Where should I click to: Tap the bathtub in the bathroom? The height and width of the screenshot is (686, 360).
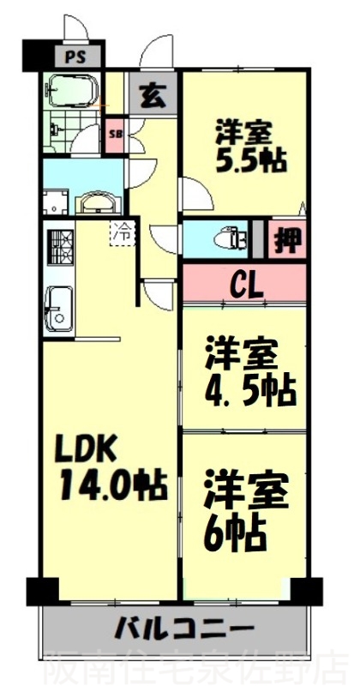click(72, 89)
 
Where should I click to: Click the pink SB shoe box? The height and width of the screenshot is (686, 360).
click(114, 135)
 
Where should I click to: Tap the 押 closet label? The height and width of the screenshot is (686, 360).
click(287, 238)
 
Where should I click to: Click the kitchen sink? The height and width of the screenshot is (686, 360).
click(59, 307)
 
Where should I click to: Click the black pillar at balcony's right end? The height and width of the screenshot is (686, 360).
click(306, 591)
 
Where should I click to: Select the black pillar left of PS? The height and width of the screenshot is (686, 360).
click(38, 57)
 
